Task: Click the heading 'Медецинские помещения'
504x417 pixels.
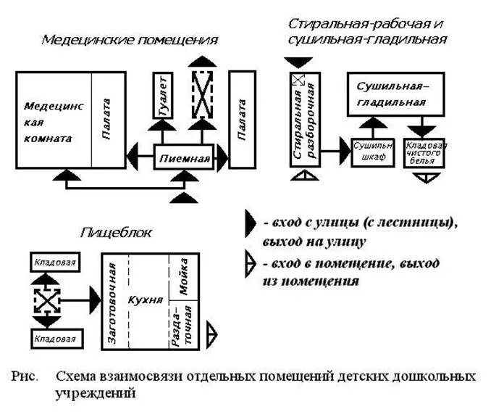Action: tap(130, 39)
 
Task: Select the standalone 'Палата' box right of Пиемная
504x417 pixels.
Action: tap(242, 120)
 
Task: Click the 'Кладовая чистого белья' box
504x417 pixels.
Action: tap(425, 152)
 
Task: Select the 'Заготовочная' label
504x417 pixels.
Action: tap(112, 299)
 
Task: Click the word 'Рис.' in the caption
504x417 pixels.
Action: tap(25, 376)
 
